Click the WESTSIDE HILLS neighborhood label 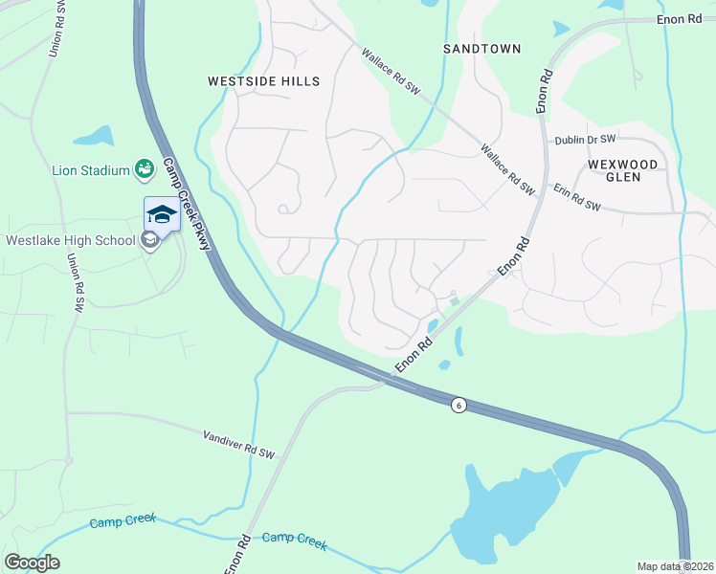coord(264,82)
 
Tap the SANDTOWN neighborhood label coord(482,48)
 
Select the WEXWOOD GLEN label coord(623,171)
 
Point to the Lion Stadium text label coord(90,171)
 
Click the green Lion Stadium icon coord(145,170)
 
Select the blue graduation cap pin coord(161,213)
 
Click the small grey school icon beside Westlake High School coord(149,240)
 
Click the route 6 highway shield coord(459,405)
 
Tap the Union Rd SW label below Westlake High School coord(72,283)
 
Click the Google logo coord(32,562)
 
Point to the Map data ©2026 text coord(675,566)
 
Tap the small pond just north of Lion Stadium coord(93,137)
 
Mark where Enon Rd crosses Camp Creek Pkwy coord(388,379)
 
